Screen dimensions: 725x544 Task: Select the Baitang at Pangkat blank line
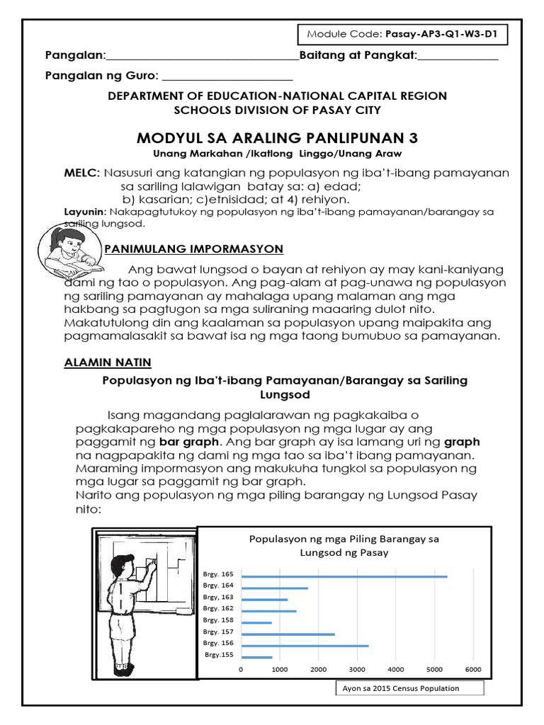point(458,57)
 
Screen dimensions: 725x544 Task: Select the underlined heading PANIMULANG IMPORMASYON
point(193,249)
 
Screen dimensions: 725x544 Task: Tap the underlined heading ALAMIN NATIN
point(108,362)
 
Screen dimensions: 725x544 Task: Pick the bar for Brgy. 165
point(344,576)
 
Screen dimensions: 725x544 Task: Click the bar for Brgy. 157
point(288,634)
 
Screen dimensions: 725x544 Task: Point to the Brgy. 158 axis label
point(218,620)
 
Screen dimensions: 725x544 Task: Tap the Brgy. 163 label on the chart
point(218,597)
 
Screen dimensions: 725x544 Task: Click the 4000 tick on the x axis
point(395,669)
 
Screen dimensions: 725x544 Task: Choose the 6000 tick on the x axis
point(472,669)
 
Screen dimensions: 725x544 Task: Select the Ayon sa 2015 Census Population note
point(409,688)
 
